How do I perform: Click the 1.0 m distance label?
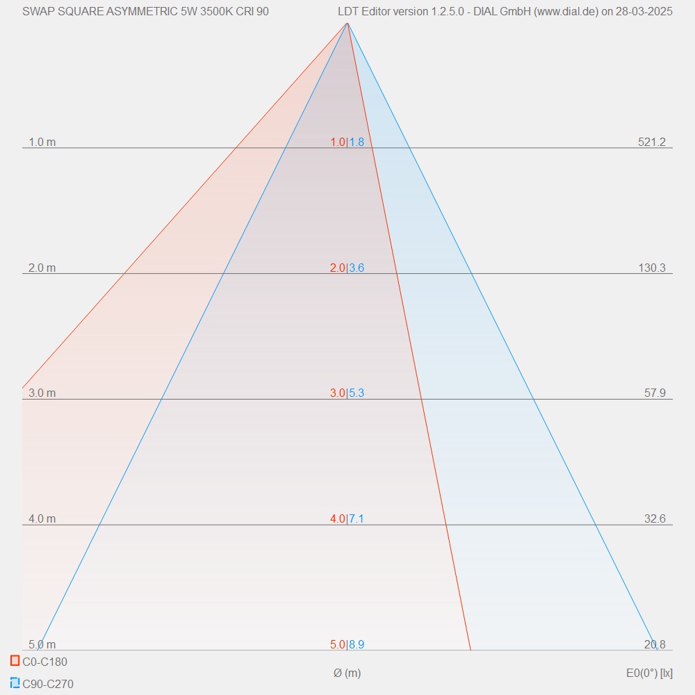coord(42,142)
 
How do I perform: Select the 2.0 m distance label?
coord(42,268)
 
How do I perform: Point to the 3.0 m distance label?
coord(42,393)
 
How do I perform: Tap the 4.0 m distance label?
coord(42,519)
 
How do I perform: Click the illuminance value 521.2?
coord(651,142)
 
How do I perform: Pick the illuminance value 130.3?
coord(651,268)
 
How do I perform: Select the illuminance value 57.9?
coord(654,393)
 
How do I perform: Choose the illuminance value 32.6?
coord(654,519)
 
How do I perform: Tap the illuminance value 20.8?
coord(654,645)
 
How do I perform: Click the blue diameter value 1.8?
coord(357,142)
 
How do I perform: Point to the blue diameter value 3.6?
coord(357,268)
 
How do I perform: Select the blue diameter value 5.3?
coord(357,393)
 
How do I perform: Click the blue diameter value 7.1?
coord(357,519)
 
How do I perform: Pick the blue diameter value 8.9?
coord(357,645)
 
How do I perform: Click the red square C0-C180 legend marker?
coord(15,660)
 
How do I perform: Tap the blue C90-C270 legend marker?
coord(15,682)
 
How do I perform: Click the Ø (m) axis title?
coord(347,673)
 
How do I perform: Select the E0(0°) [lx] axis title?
coord(649,673)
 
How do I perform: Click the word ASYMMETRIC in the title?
coord(143,11)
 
